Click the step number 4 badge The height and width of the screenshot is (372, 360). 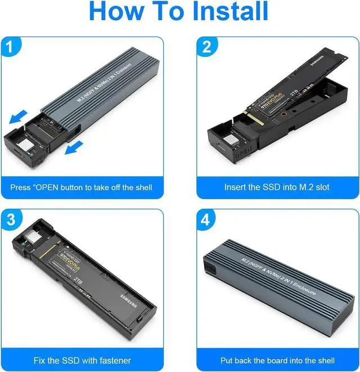coord(206,219)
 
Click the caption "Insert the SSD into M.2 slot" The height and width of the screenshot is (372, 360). coord(276,187)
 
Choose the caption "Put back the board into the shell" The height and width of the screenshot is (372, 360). coord(276,360)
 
